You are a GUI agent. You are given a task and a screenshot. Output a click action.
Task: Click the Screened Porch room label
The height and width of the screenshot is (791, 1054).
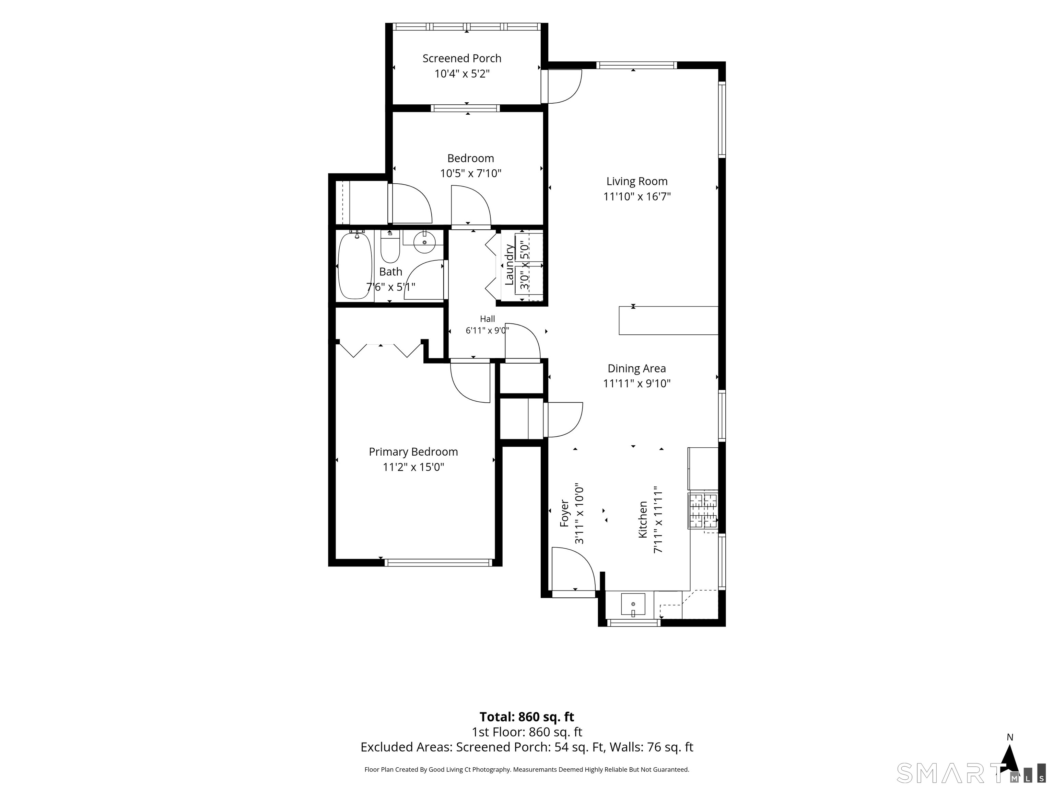coord(462,58)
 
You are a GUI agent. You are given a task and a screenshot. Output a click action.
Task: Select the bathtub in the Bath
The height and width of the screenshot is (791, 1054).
coord(354,265)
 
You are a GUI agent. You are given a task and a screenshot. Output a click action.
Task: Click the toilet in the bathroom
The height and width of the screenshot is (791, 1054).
coord(390,247)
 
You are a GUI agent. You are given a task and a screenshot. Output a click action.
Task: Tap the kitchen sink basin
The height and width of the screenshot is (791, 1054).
coord(633,605)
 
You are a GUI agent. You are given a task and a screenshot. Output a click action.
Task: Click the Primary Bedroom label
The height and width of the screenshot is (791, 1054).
coord(413,451)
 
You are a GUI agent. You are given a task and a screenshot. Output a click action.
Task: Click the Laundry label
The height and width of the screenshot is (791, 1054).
coord(509,265)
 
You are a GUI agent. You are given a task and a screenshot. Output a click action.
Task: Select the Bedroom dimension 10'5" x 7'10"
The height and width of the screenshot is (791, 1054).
coord(470,173)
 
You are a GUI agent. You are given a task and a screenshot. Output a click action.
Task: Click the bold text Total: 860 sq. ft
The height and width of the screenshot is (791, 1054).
coord(527,717)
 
